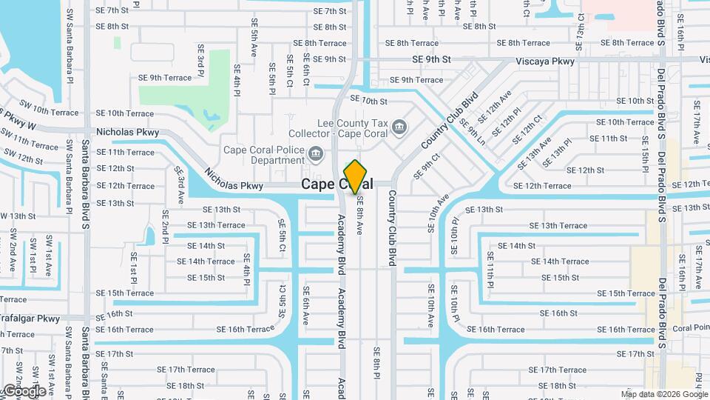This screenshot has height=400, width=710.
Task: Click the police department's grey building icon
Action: point(316,154)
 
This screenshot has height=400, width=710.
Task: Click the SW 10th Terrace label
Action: point(41,111)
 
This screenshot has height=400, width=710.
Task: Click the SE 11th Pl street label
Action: point(490,268)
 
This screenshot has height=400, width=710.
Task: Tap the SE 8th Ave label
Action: point(360,216)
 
